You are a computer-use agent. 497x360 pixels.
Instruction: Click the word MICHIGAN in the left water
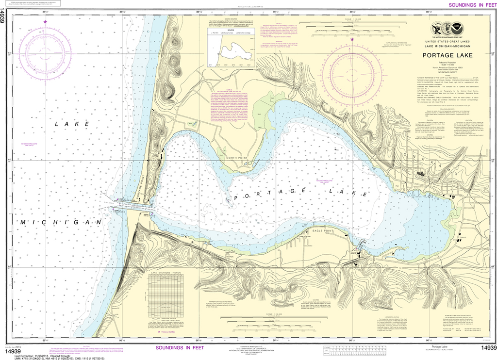[x=61, y=222]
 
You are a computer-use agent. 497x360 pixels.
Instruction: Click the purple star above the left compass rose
[x=45, y=21]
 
